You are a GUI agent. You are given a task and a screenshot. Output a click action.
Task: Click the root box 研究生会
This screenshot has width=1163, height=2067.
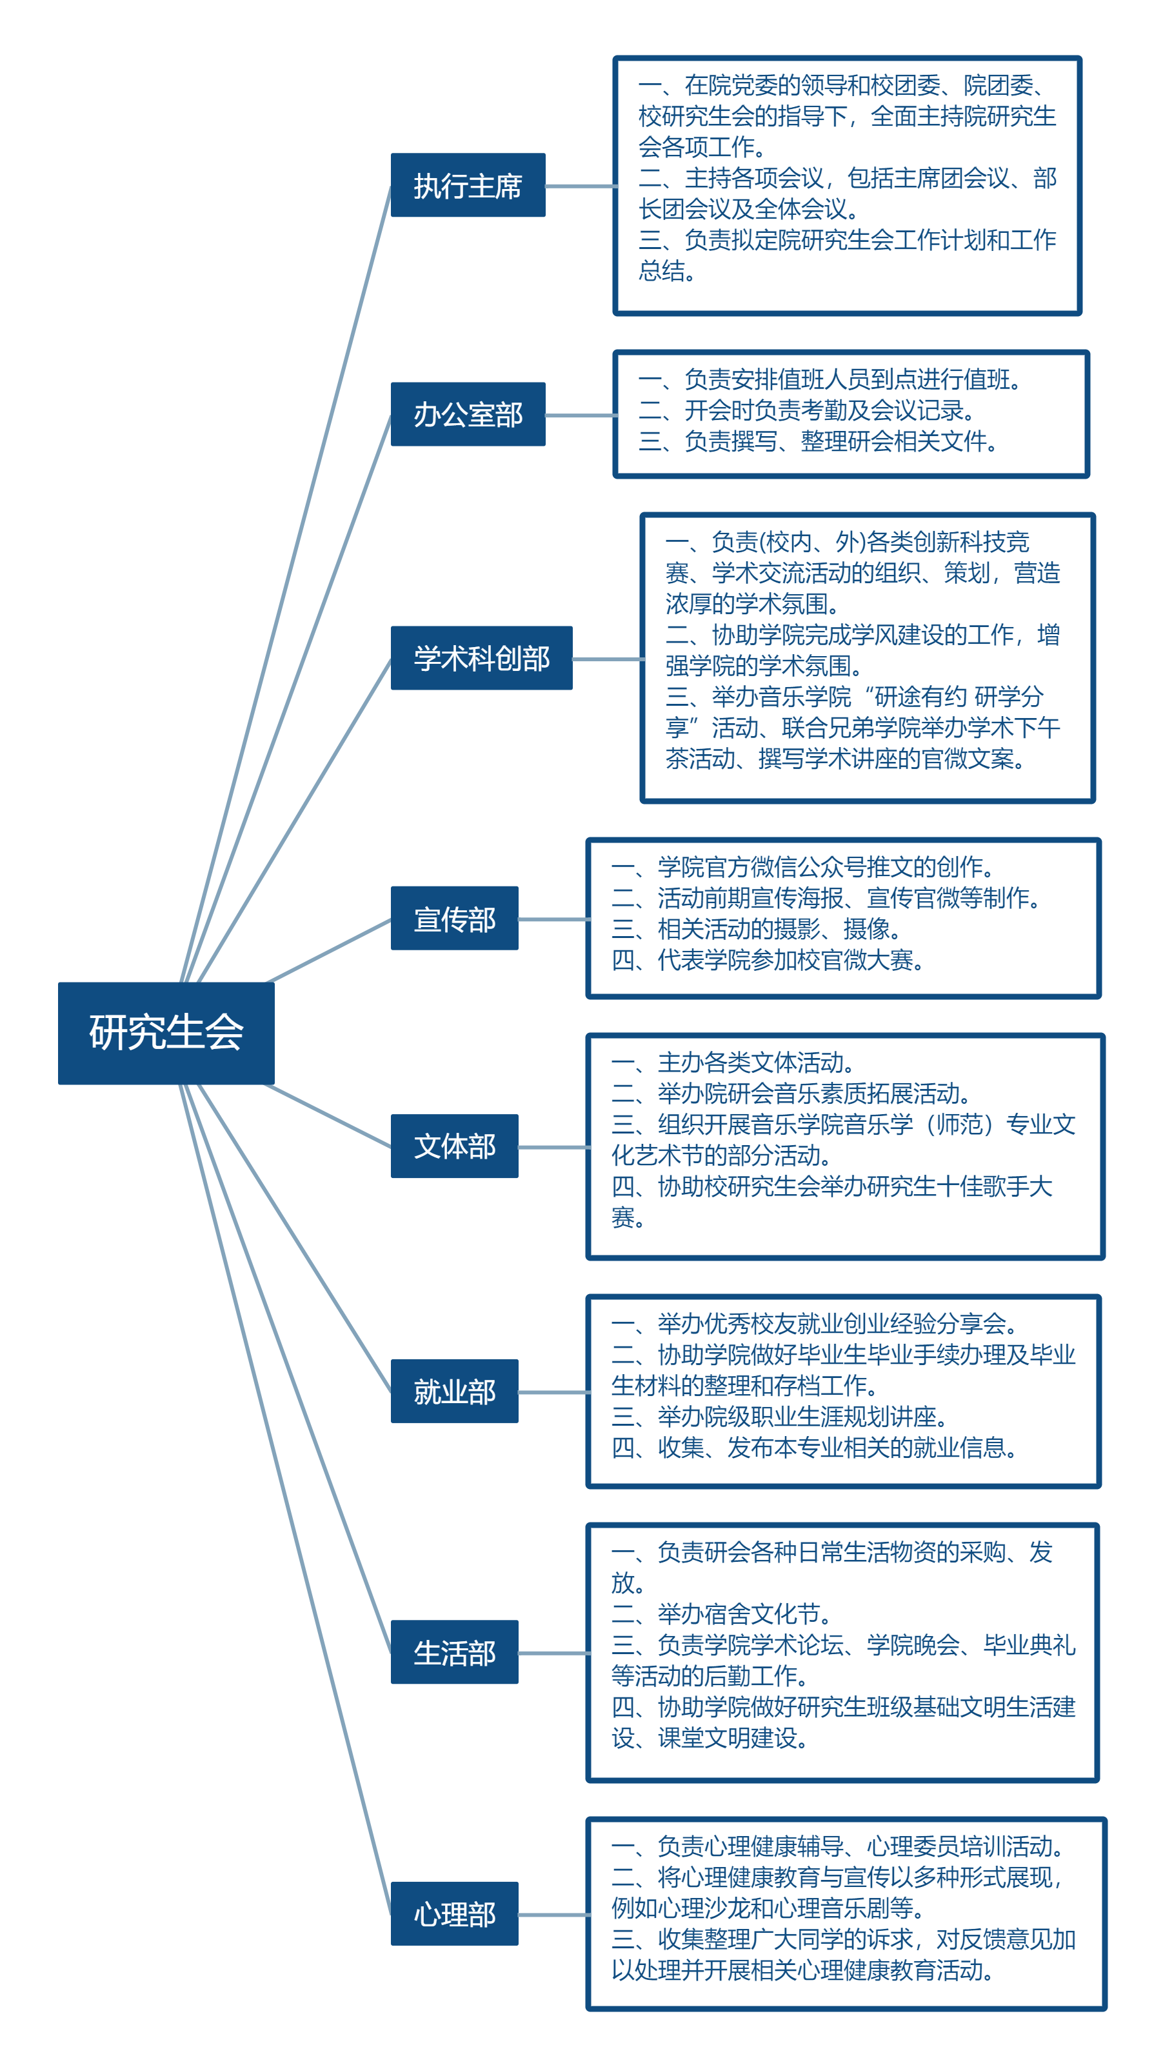pos(166,1033)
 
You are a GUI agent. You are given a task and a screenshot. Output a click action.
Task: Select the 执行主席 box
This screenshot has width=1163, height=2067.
pos(468,185)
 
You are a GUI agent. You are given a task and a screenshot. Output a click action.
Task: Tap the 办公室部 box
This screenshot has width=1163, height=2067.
pos(468,414)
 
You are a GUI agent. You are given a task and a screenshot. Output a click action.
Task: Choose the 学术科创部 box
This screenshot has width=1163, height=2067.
pos(481,658)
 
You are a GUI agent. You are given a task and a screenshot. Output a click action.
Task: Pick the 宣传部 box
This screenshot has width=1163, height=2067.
pos(454,918)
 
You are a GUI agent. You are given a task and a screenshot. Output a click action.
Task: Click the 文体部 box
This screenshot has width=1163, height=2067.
pos(454,1146)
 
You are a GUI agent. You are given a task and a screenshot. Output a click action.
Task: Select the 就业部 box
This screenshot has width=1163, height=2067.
pos(454,1390)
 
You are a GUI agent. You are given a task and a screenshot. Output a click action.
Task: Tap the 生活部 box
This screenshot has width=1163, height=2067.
pos(454,1652)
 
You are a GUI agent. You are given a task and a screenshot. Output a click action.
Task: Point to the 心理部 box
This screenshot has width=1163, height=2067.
pos(454,1913)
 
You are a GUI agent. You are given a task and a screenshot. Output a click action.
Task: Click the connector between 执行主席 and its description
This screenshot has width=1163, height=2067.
pos(580,186)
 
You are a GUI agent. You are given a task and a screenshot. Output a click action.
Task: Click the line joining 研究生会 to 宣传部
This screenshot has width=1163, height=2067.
pos(329,951)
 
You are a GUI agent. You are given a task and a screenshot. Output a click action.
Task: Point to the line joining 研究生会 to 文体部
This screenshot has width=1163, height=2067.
pos(329,1116)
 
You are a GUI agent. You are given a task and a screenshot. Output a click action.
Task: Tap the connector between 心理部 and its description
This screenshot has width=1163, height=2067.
pos(553,1915)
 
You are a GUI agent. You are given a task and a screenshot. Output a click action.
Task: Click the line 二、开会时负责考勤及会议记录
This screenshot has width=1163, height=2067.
pos(806,411)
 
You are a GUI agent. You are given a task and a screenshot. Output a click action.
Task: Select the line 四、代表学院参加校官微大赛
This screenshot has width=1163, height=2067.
pos(767,960)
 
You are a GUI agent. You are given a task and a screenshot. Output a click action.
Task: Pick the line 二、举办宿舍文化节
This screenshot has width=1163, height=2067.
pos(721,1613)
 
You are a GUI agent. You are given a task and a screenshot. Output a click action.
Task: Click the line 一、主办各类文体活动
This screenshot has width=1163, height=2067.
pos(732,1063)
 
